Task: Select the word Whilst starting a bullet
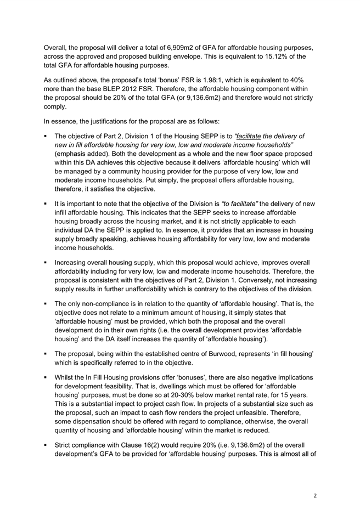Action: point(66,379)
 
